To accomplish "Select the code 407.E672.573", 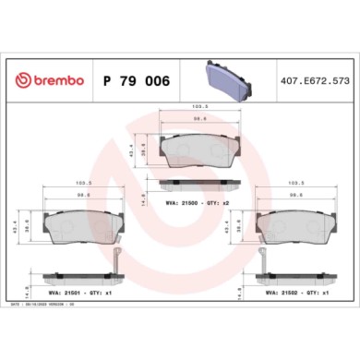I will pos(314,80).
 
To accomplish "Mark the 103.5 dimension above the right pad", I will pos(295,184).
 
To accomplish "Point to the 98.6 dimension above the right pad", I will pos(295,196).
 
